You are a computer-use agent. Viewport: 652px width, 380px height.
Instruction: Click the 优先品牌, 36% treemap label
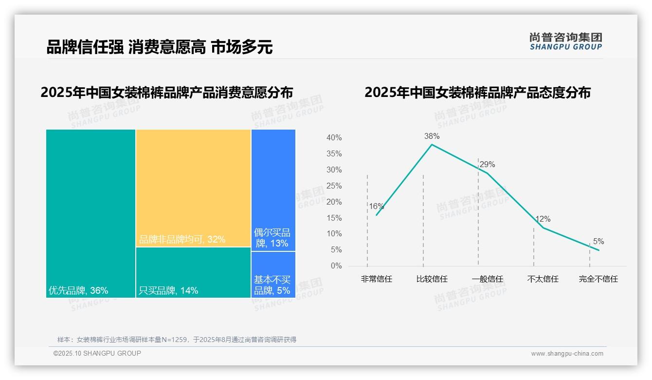(78, 291)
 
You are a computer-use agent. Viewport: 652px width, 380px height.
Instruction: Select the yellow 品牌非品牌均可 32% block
(193, 188)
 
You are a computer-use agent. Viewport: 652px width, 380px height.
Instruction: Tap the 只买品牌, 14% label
(168, 291)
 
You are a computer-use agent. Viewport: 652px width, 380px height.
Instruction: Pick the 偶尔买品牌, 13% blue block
(273, 190)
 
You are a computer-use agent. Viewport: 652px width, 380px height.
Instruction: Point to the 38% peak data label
(432, 136)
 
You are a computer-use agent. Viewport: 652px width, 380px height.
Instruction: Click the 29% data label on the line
(487, 165)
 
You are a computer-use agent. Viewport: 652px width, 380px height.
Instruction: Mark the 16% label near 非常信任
(376, 206)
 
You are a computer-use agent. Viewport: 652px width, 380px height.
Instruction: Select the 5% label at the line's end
(598, 242)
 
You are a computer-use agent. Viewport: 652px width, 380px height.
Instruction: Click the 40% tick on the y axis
(334, 138)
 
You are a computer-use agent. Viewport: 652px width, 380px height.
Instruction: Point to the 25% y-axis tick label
(334, 186)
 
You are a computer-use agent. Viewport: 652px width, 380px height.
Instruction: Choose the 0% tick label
(336, 266)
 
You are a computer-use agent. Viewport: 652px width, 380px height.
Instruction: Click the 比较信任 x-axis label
(432, 279)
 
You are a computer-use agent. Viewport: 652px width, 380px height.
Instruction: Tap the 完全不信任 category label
(598, 279)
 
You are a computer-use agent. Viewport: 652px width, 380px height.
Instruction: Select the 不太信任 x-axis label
(543, 279)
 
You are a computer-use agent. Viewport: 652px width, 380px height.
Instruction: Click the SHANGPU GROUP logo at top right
(565, 41)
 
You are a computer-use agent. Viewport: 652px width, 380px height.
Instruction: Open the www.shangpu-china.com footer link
(567, 354)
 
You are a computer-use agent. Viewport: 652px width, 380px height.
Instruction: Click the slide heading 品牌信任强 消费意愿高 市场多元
(159, 47)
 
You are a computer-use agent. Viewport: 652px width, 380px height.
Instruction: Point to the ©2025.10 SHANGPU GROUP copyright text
(97, 353)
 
